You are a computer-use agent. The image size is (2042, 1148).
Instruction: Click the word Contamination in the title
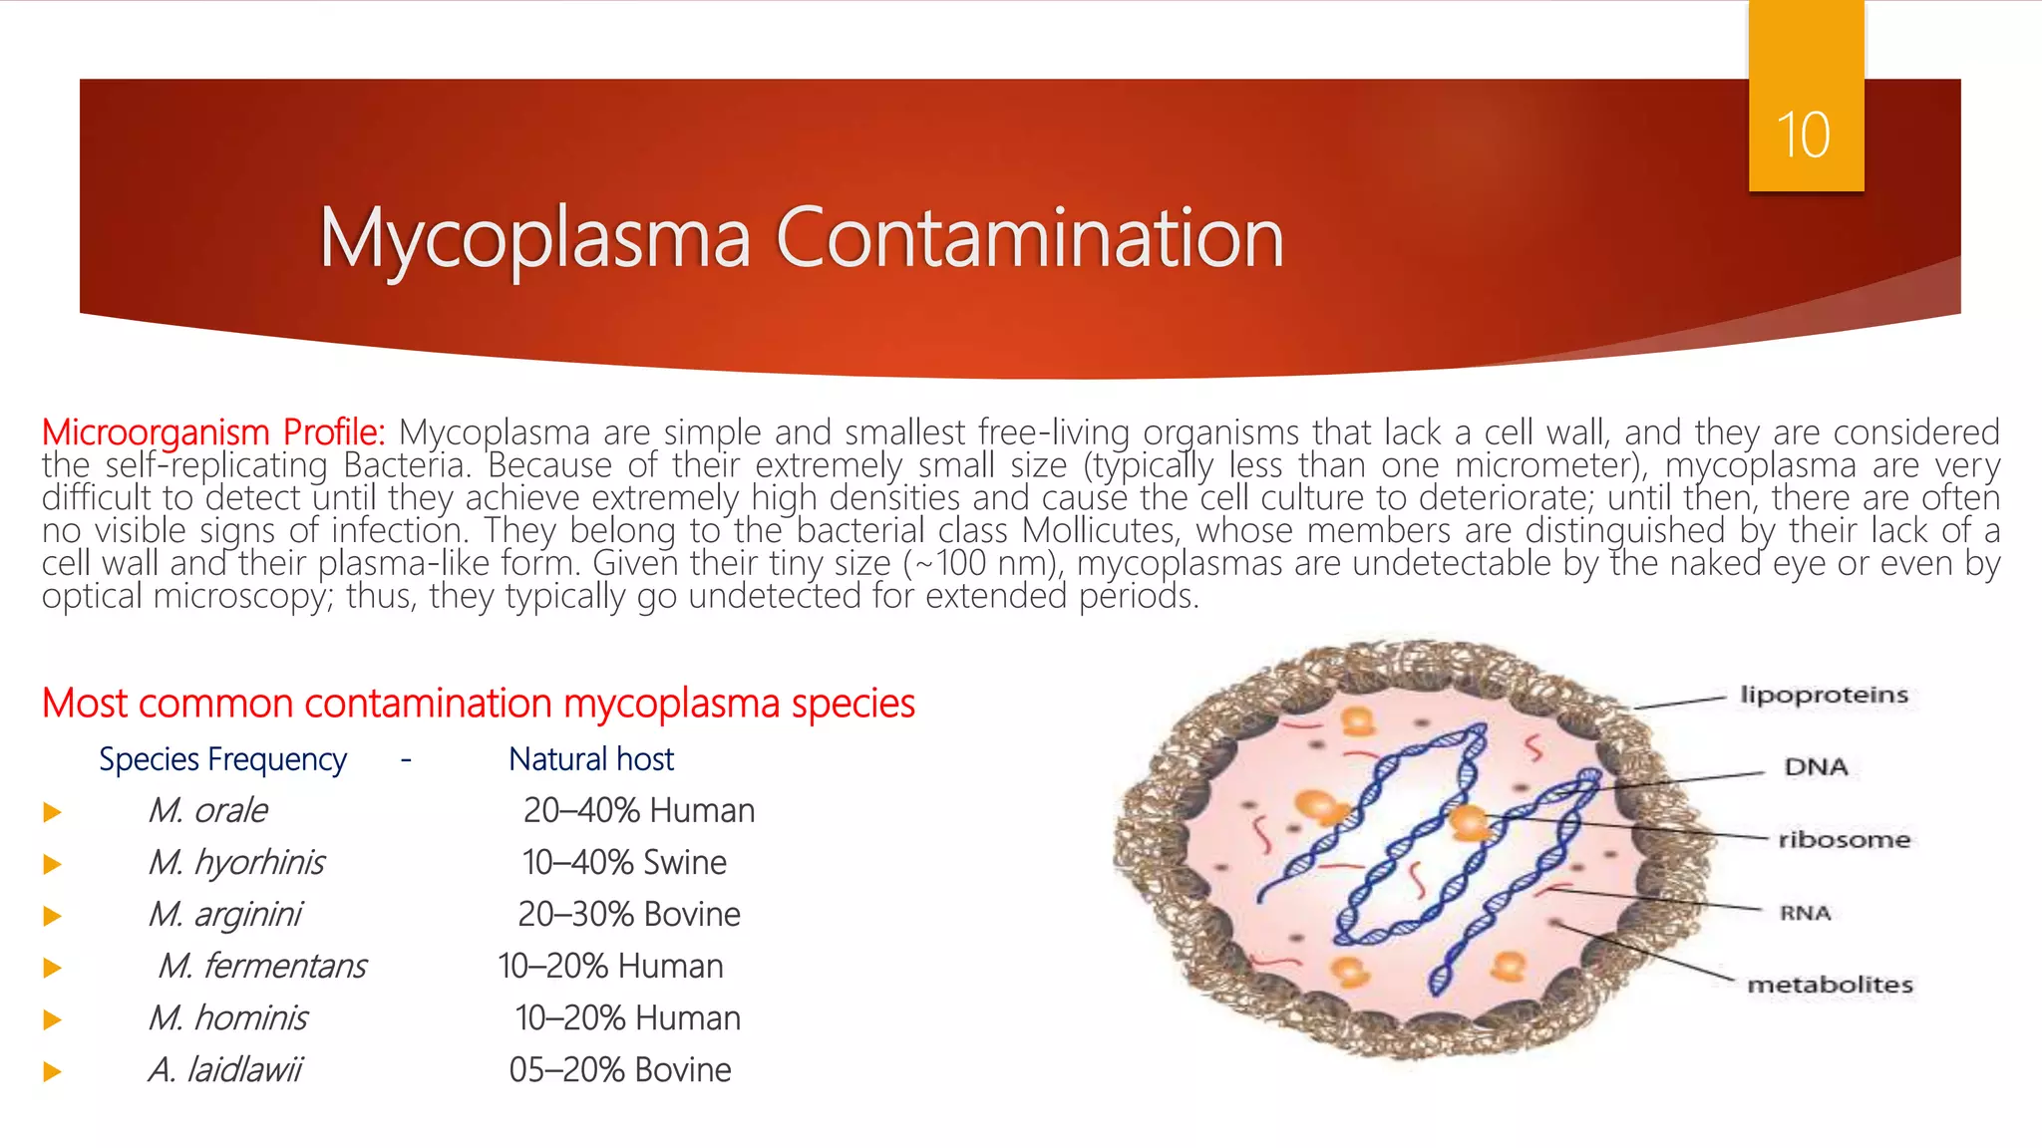[1029, 238]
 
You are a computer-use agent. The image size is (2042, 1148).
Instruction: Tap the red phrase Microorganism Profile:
[213, 432]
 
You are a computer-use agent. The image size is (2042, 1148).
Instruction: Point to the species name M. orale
[207, 810]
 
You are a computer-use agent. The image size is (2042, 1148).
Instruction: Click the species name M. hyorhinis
[236, 862]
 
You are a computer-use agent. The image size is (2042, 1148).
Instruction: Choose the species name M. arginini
[224, 914]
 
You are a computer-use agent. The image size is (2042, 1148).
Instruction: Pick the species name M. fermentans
[262, 966]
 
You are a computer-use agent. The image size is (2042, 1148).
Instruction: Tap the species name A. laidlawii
[224, 1069]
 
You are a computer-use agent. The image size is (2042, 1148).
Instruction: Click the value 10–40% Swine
[624, 862]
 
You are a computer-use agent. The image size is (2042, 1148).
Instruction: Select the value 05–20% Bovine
[620, 1069]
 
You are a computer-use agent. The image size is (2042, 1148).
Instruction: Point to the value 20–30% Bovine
[629, 914]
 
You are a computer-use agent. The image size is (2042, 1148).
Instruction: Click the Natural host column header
[591, 759]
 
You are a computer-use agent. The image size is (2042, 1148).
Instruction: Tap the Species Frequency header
[222, 759]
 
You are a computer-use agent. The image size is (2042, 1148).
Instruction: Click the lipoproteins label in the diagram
[1824, 695]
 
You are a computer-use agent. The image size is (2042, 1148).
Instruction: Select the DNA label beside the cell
[1816, 766]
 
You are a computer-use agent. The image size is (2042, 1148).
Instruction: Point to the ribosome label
[1844, 839]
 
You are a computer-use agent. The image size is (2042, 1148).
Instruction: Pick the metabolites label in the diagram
[1830, 985]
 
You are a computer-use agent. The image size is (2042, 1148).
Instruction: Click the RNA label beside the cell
[1805, 913]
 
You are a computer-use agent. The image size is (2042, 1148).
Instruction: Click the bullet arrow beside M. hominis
[53, 1019]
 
